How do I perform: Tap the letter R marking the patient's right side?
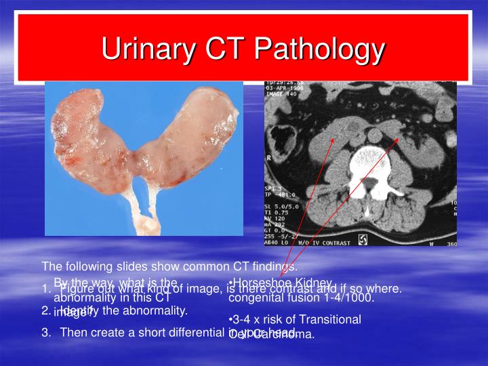click(268, 155)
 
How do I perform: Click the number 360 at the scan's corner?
click(450, 243)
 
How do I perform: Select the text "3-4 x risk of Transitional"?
click(295, 319)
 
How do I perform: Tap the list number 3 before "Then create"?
click(45, 332)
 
